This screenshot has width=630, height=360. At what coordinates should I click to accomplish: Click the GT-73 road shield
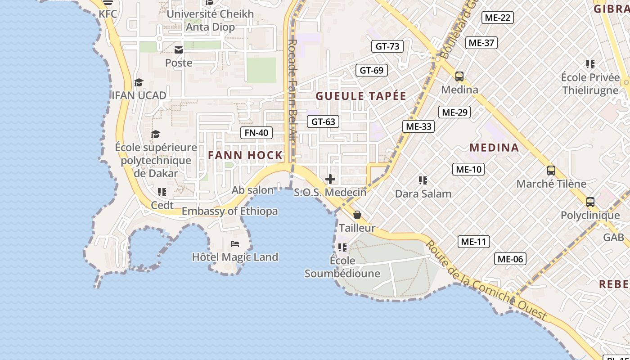point(387,46)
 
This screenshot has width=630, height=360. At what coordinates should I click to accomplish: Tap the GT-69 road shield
point(372,70)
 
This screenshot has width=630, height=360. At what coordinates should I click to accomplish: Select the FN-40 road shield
point(256,132)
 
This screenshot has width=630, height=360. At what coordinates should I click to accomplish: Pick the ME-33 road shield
point(418,126)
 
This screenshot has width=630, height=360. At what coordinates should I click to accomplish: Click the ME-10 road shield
point(468,169)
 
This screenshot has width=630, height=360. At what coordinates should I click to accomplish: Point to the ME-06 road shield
point(510,259)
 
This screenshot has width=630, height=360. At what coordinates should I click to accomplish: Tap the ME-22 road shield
point(497,18)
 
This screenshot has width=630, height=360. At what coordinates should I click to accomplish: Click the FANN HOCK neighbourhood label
point(245,155)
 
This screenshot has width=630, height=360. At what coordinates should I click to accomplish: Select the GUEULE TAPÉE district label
point(361,96)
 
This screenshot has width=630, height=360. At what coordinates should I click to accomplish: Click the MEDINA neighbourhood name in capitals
point(494,147)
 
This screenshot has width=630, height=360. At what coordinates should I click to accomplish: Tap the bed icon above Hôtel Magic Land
point(235,244)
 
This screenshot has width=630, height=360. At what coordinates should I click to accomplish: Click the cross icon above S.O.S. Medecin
point(330,179)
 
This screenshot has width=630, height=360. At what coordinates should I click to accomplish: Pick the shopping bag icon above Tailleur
point(357,215)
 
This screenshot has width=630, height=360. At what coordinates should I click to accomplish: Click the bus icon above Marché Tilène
point(551,171)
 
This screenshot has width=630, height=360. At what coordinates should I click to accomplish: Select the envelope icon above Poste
point(179,49)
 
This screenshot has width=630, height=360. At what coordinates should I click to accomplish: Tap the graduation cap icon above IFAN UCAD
point(139,82)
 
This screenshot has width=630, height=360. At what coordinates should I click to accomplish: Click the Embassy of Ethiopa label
point(229,211)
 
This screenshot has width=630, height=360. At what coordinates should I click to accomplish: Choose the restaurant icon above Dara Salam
point(423,180)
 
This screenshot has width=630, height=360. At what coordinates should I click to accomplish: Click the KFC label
point(108,14)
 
